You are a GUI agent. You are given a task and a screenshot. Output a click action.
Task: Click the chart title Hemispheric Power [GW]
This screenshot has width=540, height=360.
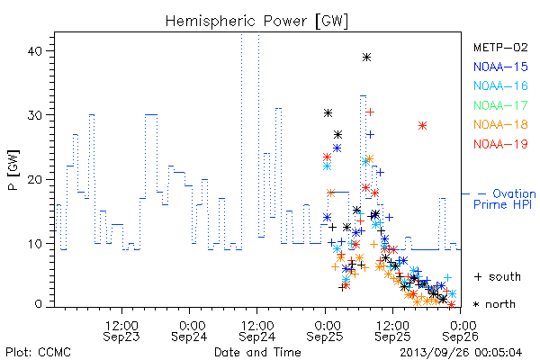(256, 22)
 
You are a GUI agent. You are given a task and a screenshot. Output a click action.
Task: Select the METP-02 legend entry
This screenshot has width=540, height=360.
(500, 47)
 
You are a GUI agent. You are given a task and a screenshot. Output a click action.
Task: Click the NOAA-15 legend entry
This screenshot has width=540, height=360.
(500, 67)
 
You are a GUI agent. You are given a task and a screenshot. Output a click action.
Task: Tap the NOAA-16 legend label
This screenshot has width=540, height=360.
(500, 85)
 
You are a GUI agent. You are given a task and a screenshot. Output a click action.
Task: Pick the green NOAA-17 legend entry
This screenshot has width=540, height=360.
(500, 105)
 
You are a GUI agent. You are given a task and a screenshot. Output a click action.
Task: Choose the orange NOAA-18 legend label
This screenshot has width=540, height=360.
(500, 124)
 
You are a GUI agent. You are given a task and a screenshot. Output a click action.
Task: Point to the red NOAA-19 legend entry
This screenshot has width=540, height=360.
(500, 144)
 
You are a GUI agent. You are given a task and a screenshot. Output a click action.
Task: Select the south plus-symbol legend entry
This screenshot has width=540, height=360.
(498, 276)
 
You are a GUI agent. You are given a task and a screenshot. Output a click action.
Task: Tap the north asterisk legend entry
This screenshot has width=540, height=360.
(494, 304)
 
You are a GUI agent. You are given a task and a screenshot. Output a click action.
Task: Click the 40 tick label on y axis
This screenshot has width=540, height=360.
(34, 51)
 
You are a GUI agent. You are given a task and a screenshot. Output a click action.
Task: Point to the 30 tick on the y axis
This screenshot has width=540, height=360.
(34, 115)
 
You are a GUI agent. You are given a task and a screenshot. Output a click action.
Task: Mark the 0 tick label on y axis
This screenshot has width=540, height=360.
(38, 304)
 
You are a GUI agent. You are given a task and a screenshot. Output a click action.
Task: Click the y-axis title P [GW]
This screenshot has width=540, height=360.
(13, 170)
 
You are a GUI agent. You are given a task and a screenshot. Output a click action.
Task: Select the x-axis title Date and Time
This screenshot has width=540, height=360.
(257, 352)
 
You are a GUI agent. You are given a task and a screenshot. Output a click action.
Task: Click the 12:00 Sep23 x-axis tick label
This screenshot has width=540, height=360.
(121, 331)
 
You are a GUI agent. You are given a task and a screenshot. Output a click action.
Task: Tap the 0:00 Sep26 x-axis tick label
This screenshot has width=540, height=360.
(461, 331)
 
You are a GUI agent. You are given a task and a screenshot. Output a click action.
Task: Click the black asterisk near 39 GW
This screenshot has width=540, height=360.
(367, 58)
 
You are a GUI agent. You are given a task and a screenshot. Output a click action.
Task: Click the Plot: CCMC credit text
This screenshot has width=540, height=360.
(38, 352)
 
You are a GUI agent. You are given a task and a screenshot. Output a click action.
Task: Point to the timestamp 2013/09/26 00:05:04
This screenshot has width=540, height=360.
(461, 353)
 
